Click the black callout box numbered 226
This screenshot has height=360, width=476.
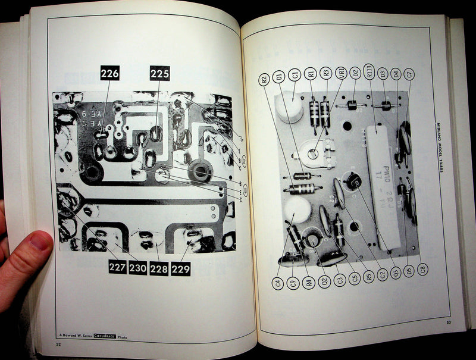[110, 74]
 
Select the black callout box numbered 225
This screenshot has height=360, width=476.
[159, 74]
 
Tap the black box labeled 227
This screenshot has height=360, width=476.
[118, 268]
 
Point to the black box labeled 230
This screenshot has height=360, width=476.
[138, 268]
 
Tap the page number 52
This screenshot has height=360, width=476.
[58, 343]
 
